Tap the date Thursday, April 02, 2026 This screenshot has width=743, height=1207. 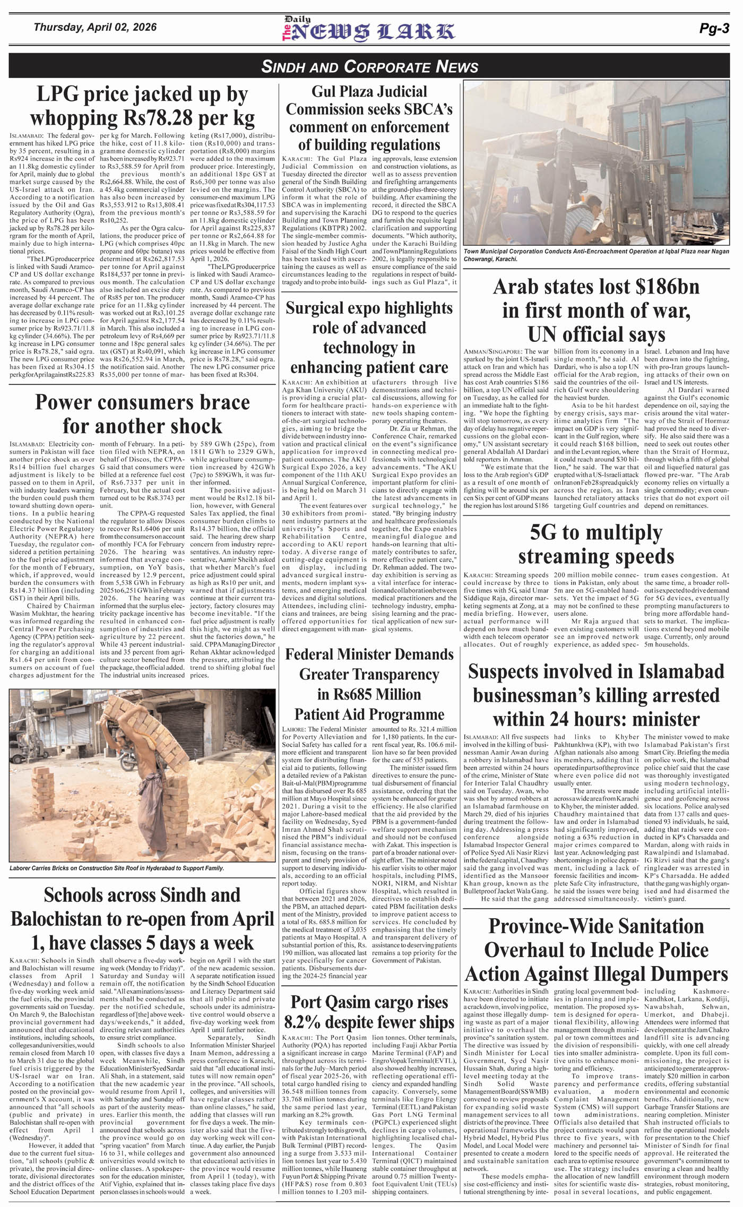tap(95, 27)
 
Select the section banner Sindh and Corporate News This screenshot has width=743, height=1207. tap(370, 67)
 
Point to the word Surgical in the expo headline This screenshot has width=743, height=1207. tap(316, 308)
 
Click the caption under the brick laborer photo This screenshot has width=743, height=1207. tap(117, 868)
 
